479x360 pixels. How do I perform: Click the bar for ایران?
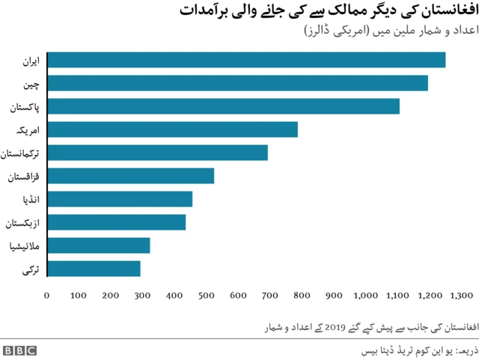coord(246,60)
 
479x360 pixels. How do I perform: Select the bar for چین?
coord(237,83)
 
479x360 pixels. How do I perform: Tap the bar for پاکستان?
coord(223,106)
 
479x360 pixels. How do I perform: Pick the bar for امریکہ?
coord(172,129)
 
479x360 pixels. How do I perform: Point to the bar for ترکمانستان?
coord(157,153)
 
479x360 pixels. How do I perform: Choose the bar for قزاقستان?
coord(130,176)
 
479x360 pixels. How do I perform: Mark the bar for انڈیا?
coord(120,199)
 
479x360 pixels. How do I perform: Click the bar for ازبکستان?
coord(116,222)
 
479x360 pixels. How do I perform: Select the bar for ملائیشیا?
coord(98,245)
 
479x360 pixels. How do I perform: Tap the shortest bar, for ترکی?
coord(94,269)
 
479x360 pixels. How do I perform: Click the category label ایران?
coord(32,61)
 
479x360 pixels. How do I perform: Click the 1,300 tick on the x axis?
coord(462,296)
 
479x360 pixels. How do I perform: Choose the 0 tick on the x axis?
coord(46,296)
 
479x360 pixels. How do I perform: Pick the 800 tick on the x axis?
coord(302,296)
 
